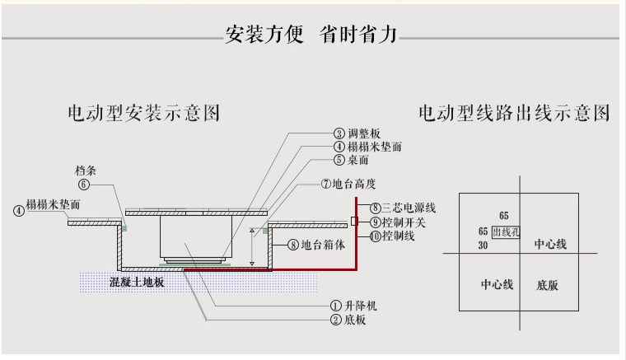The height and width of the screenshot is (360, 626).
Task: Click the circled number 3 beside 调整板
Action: [x=339, y=133]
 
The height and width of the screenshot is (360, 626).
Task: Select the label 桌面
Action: [x=357, y=160]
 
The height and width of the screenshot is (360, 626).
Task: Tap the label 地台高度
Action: [x=353, y=184]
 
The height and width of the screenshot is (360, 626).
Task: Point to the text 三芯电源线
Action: [x=409, y=208]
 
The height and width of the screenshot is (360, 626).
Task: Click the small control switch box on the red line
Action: [x=354, y=221]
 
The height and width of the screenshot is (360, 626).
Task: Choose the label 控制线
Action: [x=398, y=236]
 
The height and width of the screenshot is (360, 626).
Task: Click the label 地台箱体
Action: [x=323, y=245]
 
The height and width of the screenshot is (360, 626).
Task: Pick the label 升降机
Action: [x=361, y=306]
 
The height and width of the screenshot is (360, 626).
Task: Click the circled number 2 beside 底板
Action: [x=336, y=320]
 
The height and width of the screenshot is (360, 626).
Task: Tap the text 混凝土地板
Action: [x=137, y=283]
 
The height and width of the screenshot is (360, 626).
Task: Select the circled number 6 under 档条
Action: [x=84, y=185]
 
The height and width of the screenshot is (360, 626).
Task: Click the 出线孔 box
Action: [x=506, y=232]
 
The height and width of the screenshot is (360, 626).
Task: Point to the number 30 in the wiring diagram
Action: [x=483, y=245]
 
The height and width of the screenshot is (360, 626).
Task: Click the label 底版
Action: [x=547, y=285]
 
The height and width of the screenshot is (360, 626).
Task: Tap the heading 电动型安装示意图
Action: [x=143, y=113]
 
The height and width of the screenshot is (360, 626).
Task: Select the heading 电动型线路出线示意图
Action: [x=514, y=113]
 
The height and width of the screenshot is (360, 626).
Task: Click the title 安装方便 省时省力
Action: [x=311, y=34]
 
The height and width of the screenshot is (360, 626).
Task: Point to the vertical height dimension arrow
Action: [x=252, y=247]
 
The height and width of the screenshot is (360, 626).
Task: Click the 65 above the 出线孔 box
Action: [x=504, y=216]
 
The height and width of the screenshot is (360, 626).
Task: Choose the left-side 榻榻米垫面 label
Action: [x=53, y=205]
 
